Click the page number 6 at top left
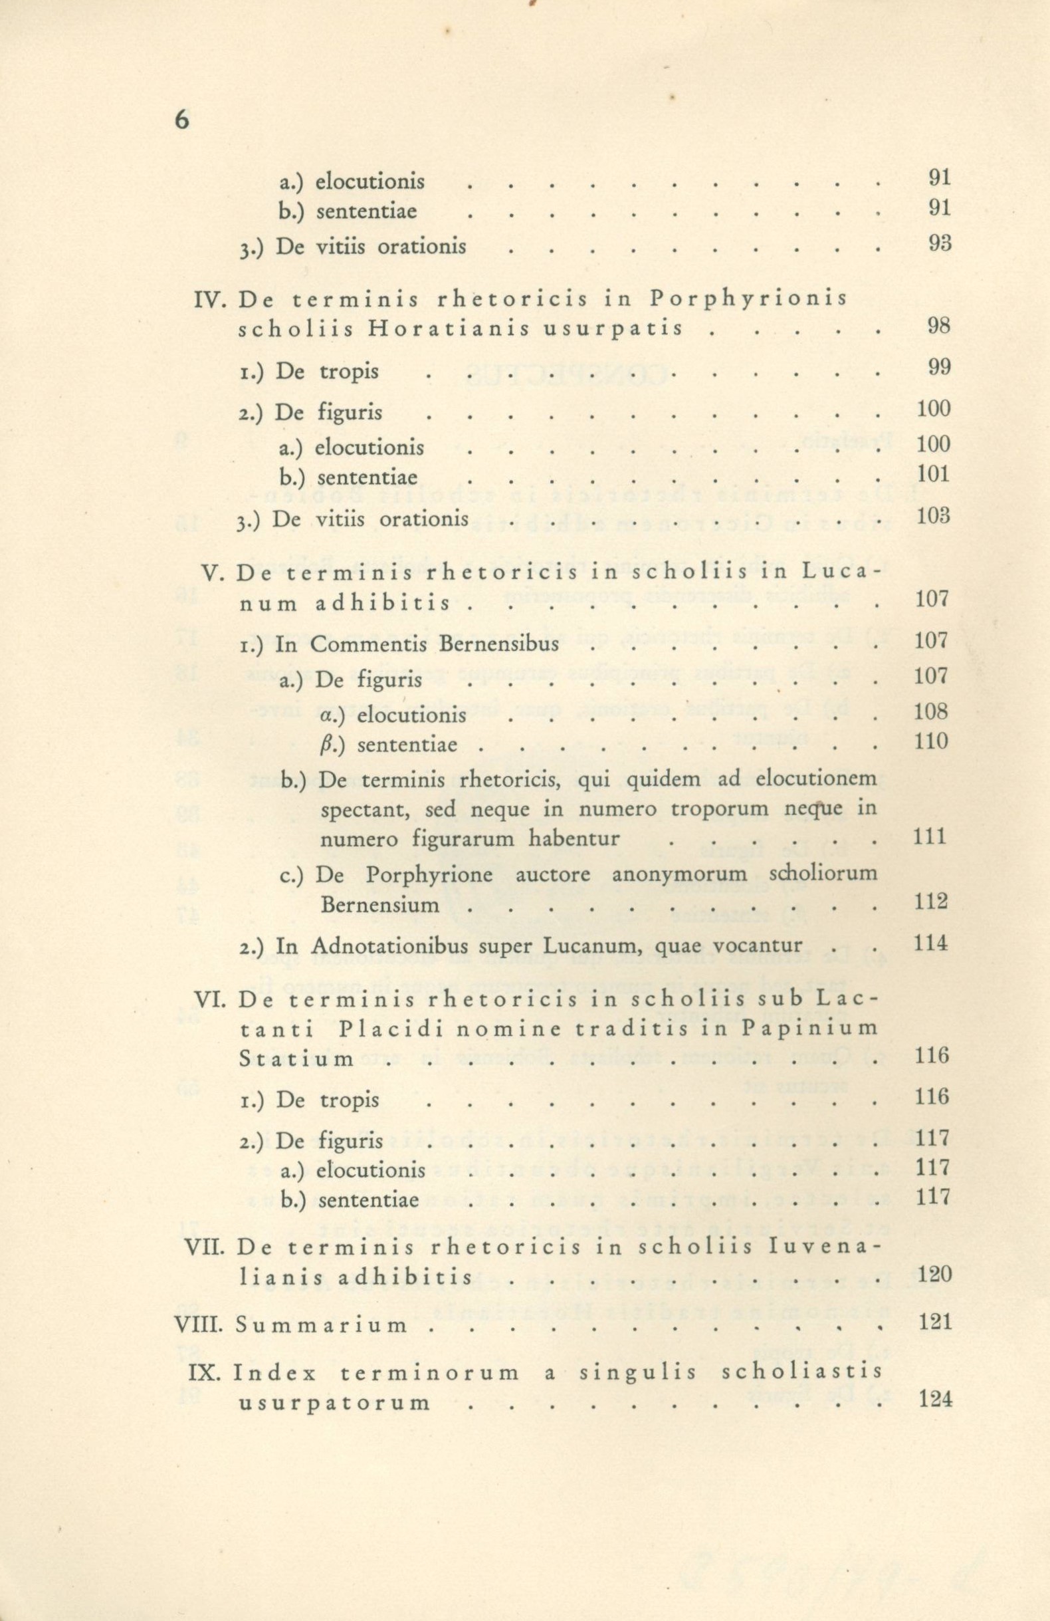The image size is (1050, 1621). pos(181,119)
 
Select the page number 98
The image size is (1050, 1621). pos(938,326)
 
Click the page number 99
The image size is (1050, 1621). pos(938,368)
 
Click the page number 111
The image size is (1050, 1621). pos(930,836)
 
